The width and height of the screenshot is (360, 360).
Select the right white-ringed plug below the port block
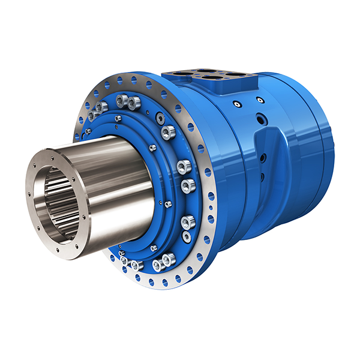tap(259, 100)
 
